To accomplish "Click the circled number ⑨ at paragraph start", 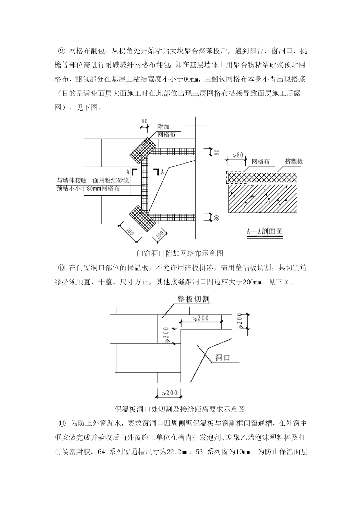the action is (62, 51).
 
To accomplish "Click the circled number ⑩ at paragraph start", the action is (62, 268).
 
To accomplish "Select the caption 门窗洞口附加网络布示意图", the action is (180, 253).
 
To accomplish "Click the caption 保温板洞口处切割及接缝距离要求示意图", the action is (180, 409).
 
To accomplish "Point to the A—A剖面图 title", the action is (265, 231).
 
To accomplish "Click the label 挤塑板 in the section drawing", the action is (294, 162).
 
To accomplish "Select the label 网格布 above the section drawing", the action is (260, 162).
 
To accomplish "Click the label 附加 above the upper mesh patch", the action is (163, 127).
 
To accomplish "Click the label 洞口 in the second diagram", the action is (222, 358).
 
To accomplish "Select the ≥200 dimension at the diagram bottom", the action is (169, 393).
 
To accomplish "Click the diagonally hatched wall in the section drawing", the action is (263, 198).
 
